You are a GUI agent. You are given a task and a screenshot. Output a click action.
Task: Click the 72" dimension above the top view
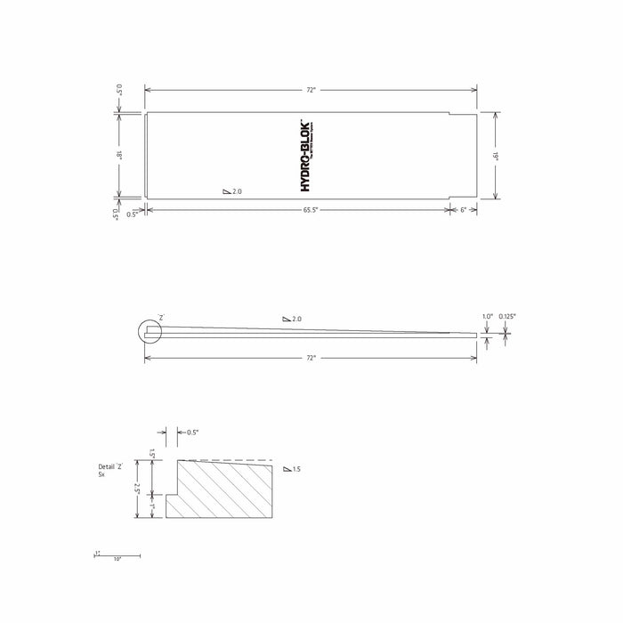[311, 90]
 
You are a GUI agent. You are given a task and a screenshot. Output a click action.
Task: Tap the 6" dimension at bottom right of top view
[463, 210]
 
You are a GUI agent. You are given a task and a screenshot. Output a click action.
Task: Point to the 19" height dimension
[494, 155]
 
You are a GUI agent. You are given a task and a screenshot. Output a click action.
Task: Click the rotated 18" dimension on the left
[117, 155]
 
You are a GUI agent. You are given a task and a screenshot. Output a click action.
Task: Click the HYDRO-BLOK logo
[308, 155]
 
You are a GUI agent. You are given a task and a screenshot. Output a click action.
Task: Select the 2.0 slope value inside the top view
[233, 191]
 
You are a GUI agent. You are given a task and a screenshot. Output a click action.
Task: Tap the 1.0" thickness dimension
[487, 316]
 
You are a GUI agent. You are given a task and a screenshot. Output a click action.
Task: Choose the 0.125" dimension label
[507, 316]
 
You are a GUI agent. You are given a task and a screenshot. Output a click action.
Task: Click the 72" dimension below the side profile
[311, 357]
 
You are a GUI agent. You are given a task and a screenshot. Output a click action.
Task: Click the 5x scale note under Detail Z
[102, 475]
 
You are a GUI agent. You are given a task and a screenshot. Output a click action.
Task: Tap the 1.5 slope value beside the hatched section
[292, 469]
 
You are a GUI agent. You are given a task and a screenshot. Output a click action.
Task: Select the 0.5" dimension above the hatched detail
[192, 432]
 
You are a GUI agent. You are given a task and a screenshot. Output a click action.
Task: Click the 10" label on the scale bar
[117, 559]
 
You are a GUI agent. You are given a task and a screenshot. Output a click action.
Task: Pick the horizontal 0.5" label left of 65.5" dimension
[132, 214]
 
